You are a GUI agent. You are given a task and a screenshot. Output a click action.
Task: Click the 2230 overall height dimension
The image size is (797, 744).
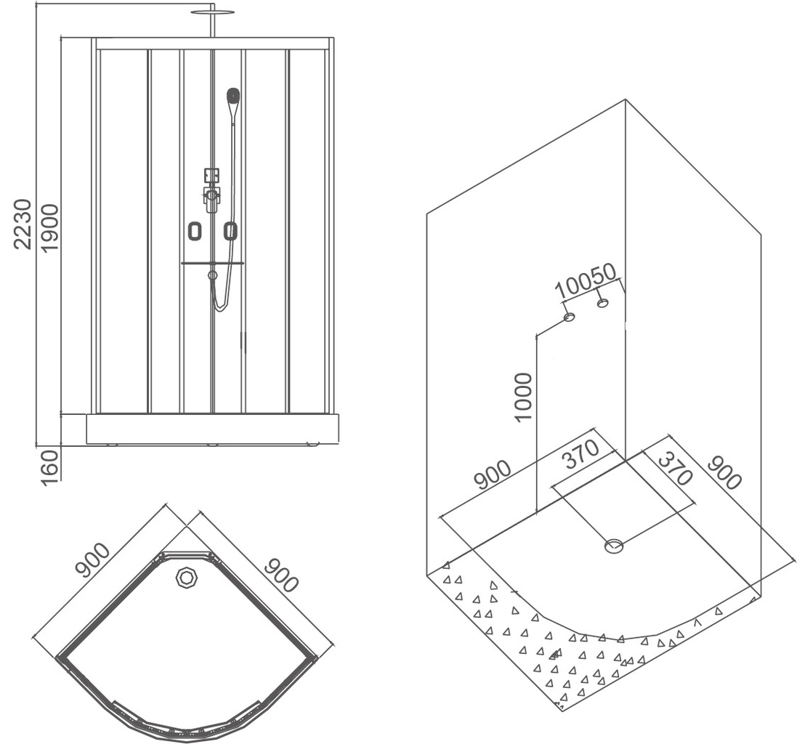pos(23,223)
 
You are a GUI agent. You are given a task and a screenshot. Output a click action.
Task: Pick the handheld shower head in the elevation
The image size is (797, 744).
pos(233,96)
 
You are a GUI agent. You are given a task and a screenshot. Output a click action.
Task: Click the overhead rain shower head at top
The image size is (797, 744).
pos(214,12)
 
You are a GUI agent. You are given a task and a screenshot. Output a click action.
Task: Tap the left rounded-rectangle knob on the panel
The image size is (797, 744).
pos(194,231)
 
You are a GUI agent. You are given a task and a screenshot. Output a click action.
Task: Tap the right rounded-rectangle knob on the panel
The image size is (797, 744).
pos(230,231)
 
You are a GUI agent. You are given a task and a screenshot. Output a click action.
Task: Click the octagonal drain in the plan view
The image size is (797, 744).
pos(187,579)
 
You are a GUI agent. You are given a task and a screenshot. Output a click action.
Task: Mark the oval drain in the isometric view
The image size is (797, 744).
pos(615,546)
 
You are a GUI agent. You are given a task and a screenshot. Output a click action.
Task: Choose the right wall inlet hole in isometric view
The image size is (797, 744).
pos(602,302)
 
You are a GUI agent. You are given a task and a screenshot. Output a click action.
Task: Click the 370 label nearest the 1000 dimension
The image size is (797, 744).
pos(579,456)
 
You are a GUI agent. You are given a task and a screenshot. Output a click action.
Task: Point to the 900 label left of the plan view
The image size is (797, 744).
pos(92,560)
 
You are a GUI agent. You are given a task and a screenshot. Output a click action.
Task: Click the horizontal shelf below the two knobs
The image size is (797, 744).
pos(213,263)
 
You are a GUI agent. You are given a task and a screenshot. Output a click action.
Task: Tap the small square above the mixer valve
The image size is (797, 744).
pos(211,175)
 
